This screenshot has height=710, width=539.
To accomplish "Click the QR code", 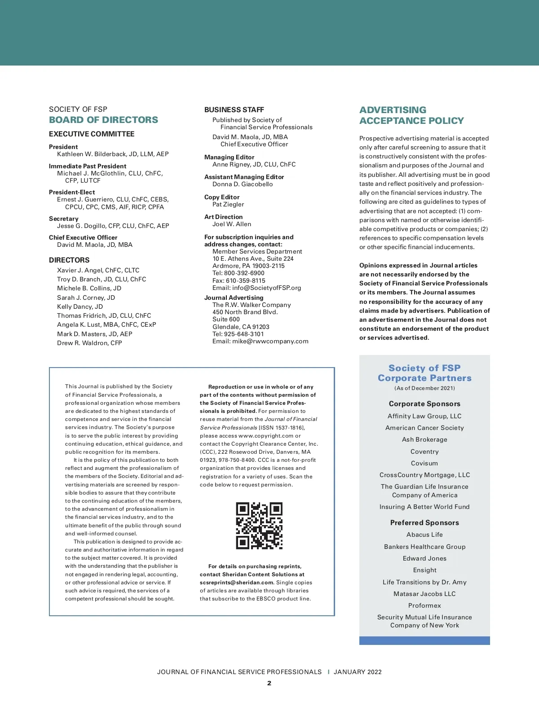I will tap(259, 526).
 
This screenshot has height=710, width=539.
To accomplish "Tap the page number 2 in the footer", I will tap(269, 683).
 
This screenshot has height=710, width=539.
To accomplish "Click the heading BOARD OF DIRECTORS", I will tap(103, 120).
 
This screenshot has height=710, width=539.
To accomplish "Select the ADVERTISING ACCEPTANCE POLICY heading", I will tap(411, 115).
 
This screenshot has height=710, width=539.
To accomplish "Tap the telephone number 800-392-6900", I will tap(244, 273).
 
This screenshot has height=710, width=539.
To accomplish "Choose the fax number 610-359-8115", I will tap(245, 280).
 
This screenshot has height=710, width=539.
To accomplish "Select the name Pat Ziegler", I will tap(228, 204).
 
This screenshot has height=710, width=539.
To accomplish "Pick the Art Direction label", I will tap(223, 217).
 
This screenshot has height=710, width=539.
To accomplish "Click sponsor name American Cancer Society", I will tap(424, 428).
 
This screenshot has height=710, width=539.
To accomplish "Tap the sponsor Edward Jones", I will tap(424, 558).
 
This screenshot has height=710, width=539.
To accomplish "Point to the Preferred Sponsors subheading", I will tap(424, 522).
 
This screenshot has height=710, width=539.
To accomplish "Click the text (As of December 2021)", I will tap(424, 388).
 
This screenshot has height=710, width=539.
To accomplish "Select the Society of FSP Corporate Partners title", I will tap(424, 373).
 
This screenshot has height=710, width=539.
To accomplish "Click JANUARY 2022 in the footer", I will tap(358, 672).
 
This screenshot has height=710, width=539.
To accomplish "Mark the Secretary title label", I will tap(64, 219).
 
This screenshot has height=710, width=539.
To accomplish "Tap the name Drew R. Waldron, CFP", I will tap(89, 343).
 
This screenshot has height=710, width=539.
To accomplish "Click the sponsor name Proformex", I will tap(424, 605).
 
